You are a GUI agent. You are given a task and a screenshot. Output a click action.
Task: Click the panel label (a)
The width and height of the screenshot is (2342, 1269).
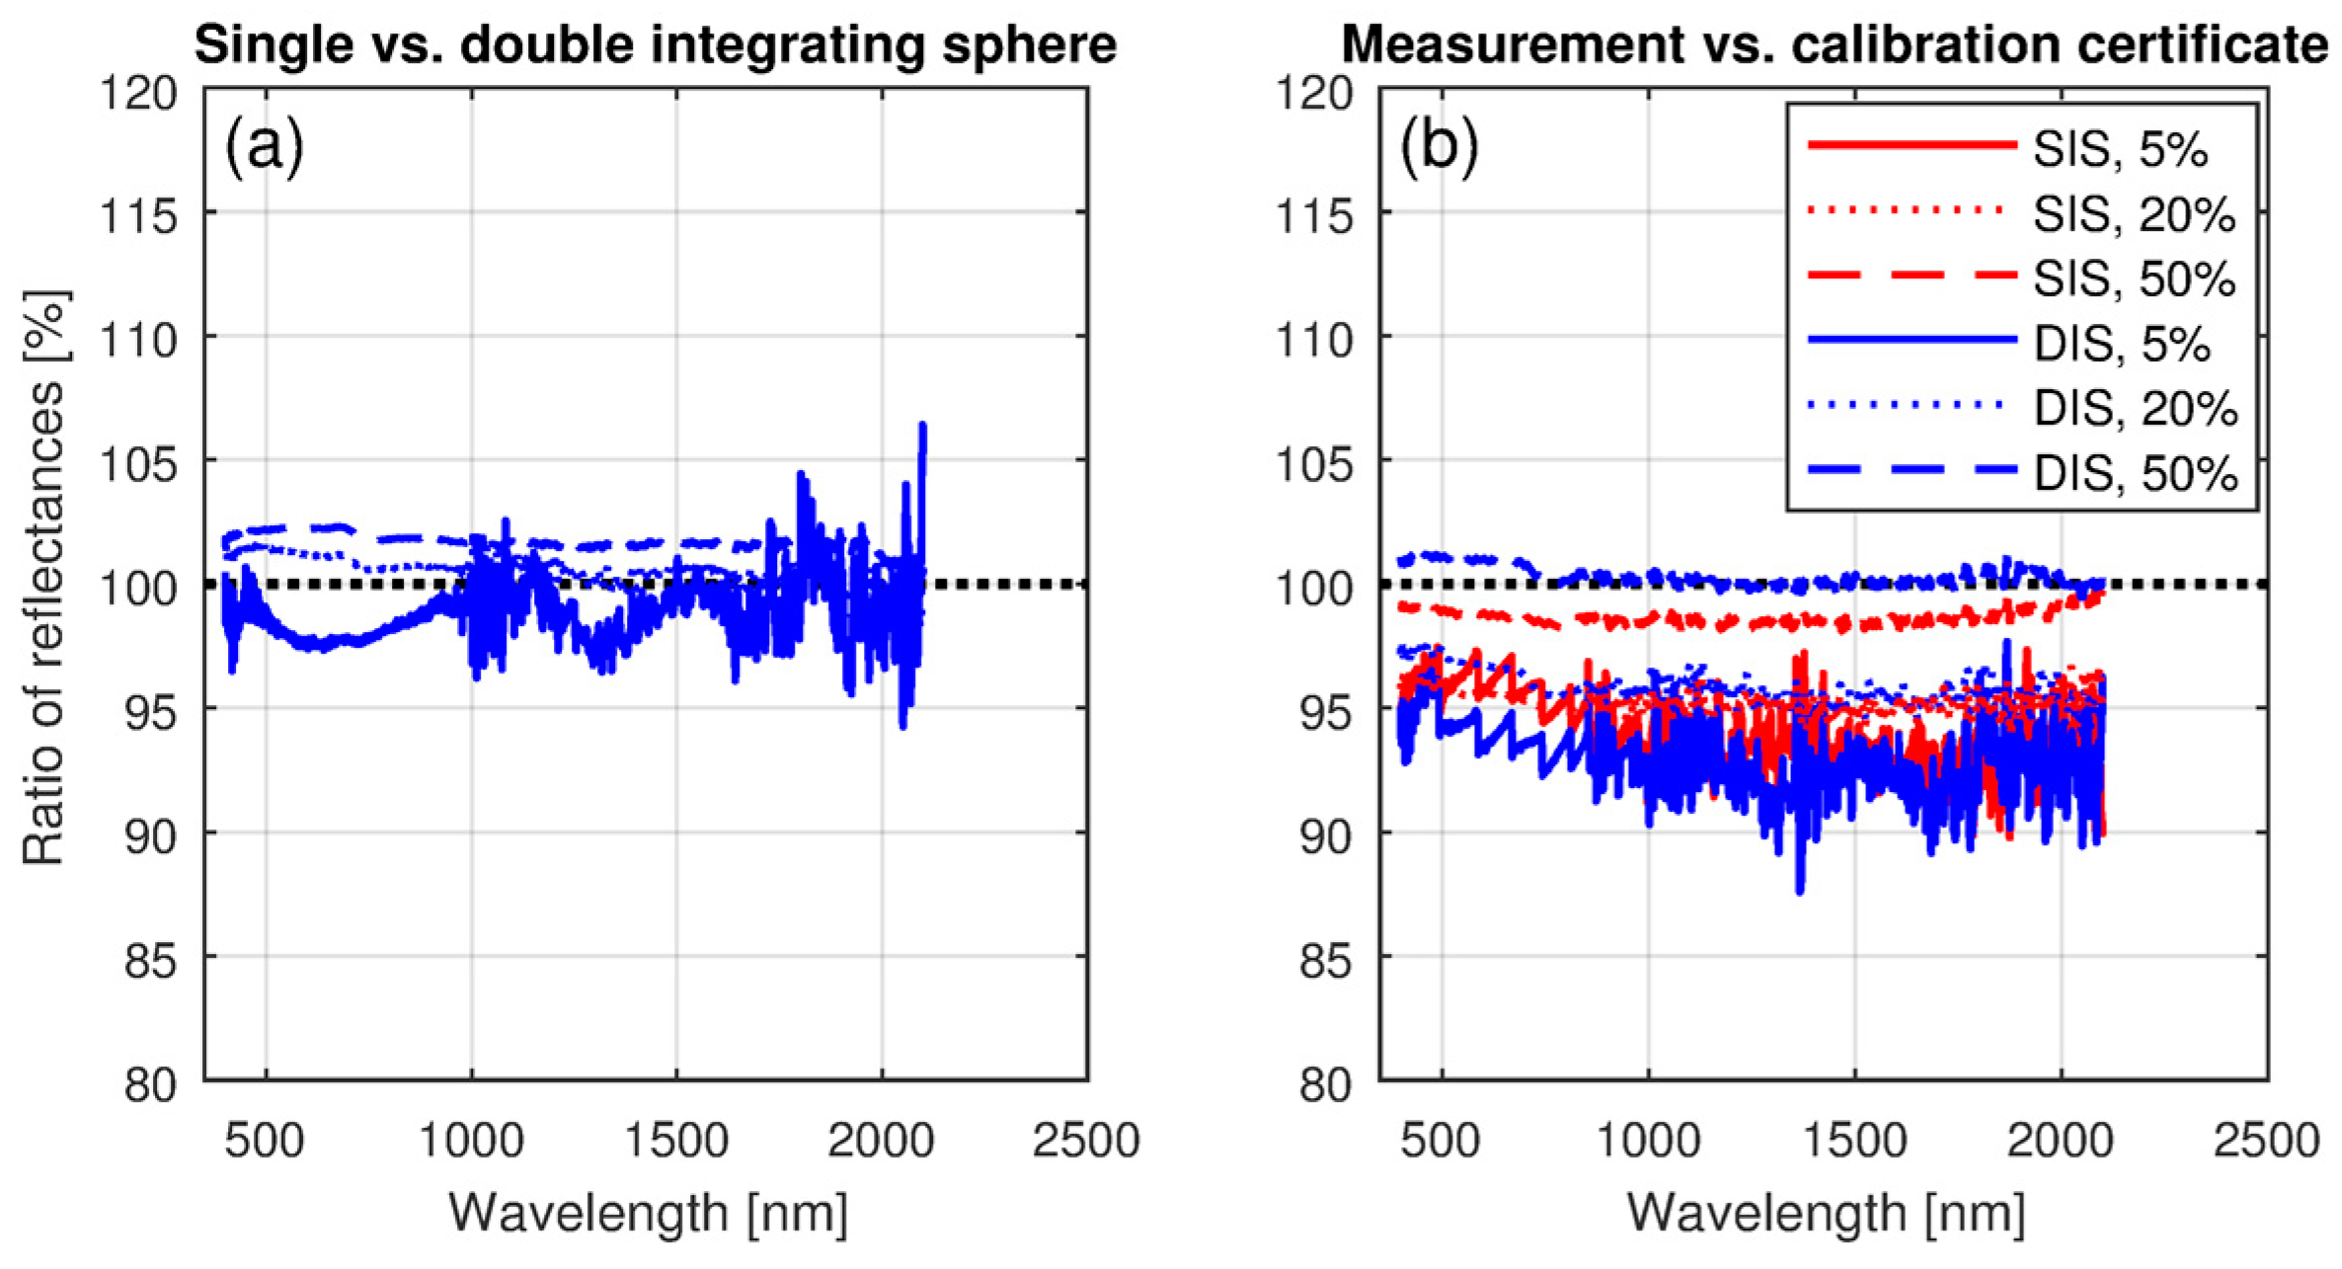(x=264, y=147)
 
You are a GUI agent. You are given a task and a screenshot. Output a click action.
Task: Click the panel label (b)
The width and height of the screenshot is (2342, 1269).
(x=1440, y=147)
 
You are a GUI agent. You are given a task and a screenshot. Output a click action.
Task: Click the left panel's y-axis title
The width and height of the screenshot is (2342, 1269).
(x=44, y=579)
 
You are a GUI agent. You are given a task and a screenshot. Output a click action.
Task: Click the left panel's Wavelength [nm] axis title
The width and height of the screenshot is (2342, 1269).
(x=648, y=1212)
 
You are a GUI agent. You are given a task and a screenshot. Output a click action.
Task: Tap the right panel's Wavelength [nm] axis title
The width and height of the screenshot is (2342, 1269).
(x=1825, y=1212)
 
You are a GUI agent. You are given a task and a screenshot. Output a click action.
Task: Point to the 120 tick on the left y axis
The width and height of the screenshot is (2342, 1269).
(x=138, y=94)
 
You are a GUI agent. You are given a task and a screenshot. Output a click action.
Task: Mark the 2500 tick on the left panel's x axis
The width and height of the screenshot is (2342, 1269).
(x=1086, y=1141)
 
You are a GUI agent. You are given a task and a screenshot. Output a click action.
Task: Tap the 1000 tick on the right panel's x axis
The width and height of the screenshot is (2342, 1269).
(x=1648, y=1141)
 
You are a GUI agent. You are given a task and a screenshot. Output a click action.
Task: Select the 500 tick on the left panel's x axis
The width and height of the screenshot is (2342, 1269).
(x=265, y=1141)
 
